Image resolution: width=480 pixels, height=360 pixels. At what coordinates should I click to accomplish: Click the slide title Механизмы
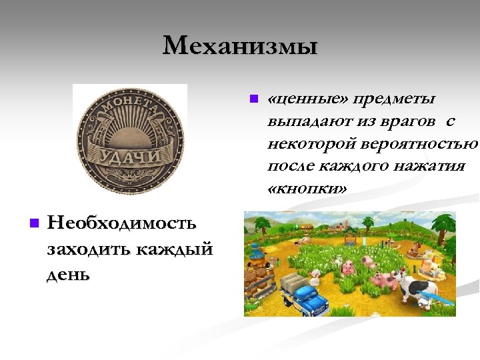point(240,46)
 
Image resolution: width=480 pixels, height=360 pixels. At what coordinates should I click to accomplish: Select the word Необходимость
point(122,223)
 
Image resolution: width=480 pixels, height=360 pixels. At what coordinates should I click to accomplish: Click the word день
point(68,275)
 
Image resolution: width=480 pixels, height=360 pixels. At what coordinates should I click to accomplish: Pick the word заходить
point(88,249)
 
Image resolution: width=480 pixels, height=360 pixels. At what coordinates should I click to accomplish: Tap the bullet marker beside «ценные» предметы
point(253,99)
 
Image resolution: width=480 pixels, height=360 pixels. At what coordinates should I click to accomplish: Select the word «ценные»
point(306,99)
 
